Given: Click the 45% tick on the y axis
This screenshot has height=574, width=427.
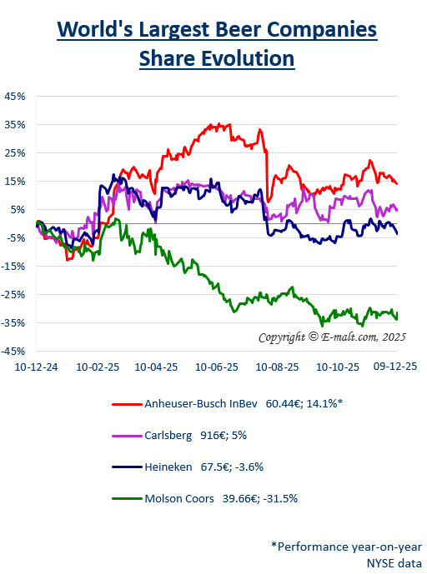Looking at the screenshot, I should point(15,96).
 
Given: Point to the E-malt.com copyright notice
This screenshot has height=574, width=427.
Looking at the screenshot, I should point(331,337).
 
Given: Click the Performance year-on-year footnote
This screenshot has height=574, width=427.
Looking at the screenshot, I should point(346,547).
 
